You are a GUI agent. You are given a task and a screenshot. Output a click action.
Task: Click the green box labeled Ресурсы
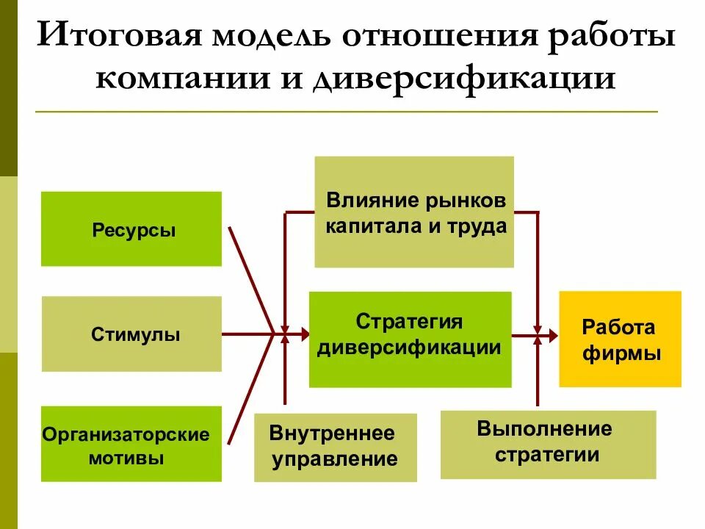click(x=131, y=228)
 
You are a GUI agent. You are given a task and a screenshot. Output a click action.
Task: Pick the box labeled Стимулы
click(x=131, y=334)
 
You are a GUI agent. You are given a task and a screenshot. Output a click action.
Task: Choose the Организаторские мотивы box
click(x=131, y=444)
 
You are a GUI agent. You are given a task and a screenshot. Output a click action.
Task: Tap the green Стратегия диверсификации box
click(x=410, y=339)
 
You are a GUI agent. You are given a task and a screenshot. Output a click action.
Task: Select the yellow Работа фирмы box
click(x=620, y=339)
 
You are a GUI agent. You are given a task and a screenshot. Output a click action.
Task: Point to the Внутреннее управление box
click(x=335, y=447)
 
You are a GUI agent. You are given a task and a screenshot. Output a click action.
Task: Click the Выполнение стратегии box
click(x=548, y=444)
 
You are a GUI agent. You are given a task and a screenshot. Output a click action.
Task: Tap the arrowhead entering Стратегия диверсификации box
click(x=303, y=334)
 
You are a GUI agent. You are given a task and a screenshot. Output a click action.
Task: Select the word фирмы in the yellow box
click(x=621, y=353)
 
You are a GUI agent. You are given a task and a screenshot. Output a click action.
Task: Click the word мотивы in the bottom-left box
click(x=126, y=458)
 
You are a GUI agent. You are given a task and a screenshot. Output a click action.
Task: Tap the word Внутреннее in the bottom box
click(x=332, y=433)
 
